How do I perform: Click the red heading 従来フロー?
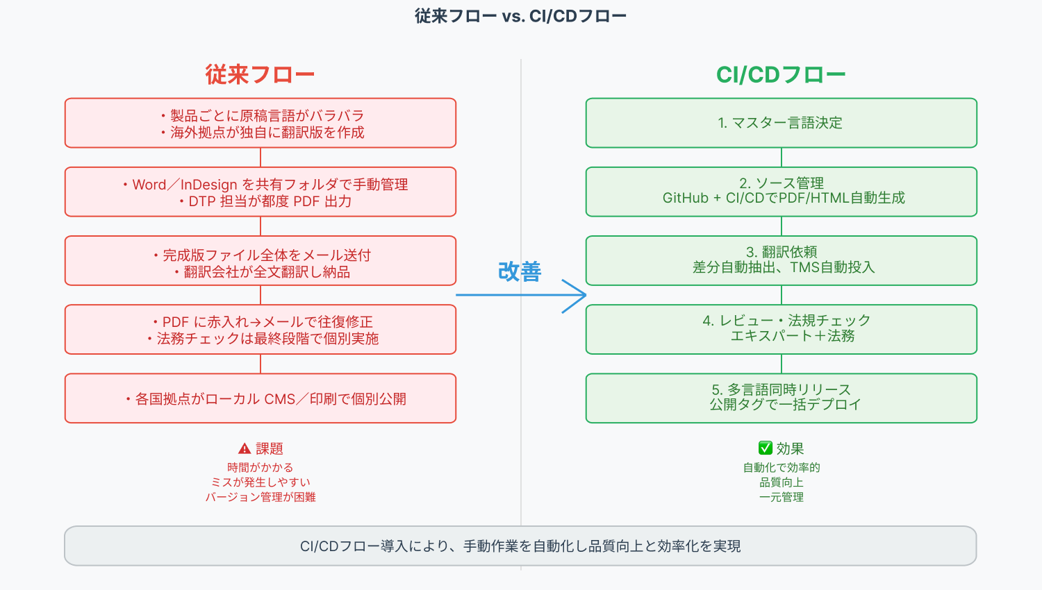pyautogui.click(x=260, y=75)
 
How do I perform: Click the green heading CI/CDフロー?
pyautogui.click(x=781, y=75)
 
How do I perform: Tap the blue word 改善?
pyautogui.click(x=519, y=271)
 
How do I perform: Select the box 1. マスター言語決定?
pyautogui.click(x=781, y=123)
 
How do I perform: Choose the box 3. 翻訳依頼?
pyautogui.click(x=781, y=260)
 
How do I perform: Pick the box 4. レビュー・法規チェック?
pyautogui.click(x=781, y=329)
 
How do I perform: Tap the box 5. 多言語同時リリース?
pyautogui.click(x=781, y=398)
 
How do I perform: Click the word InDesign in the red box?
pyautogui.click(x=208, y=185)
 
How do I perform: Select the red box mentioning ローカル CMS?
pyautogui.click(x=260, y=398)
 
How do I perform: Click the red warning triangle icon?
pyautogui.click(x=245, y=448)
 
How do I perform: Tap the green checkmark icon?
pyautogui.click(x=766, y=448)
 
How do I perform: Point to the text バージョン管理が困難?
pyautogui.click(x=260, y=497)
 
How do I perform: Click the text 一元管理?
pyautogui.click(x=781, y=497)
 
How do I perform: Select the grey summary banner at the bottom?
pyautogui.click(x=520, y=546)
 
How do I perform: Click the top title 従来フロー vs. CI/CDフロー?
pyautogui.click(x=520, y=16)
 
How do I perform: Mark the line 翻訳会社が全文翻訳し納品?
pyautogui.click(x=267, y=272)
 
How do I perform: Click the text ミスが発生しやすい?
pyautogui.click(x=260, y=482)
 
